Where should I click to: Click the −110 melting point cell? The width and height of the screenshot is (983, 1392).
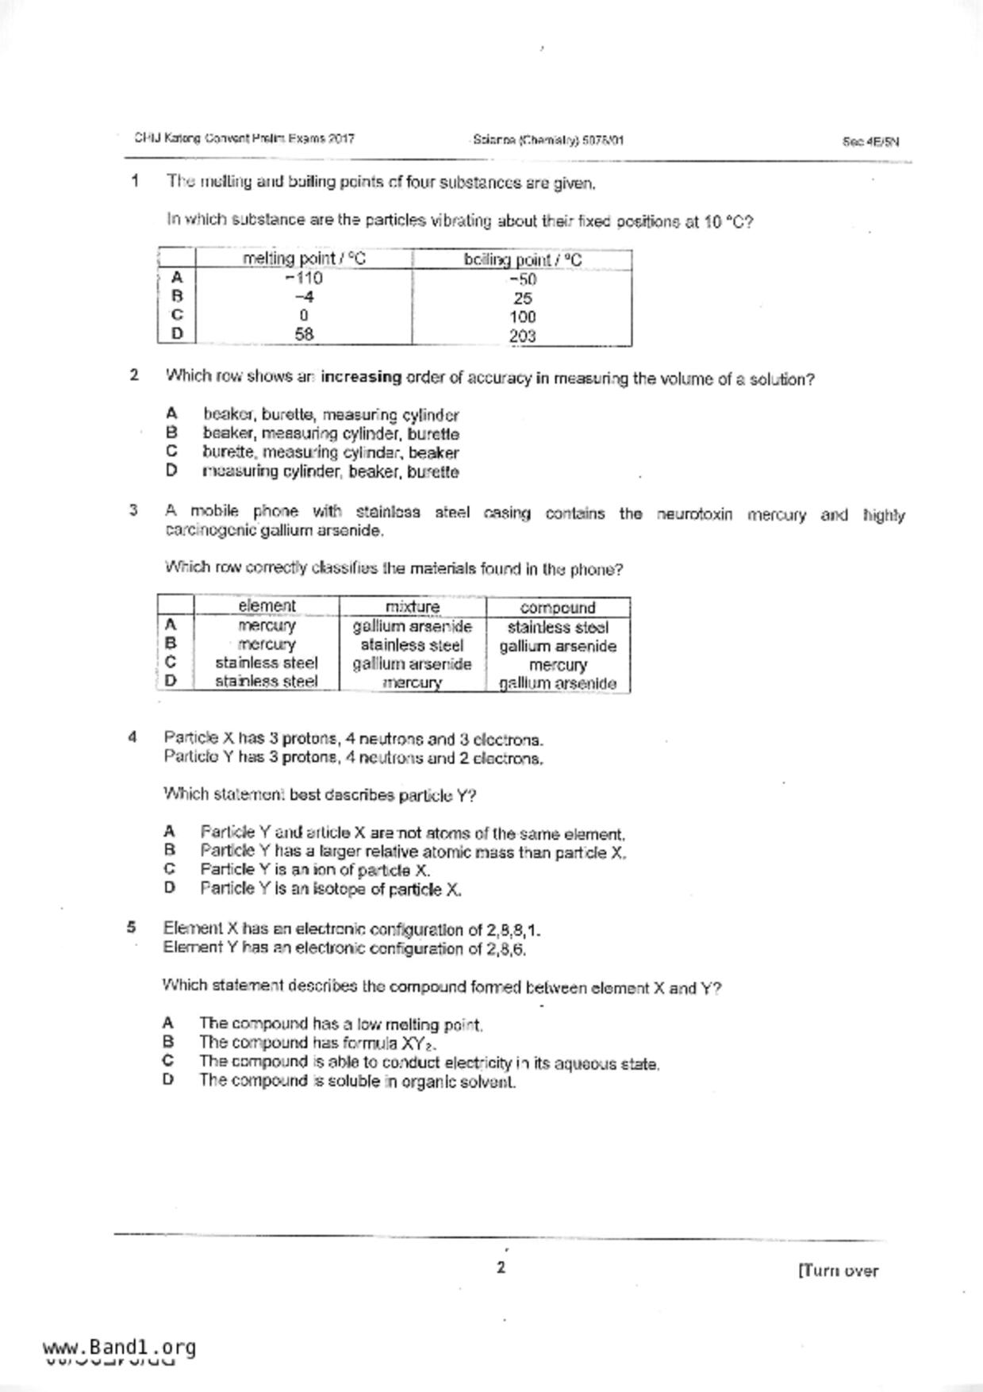(304, 279)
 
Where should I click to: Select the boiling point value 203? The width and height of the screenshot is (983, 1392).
(522, 336)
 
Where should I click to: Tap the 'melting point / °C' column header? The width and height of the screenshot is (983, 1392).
(304, 259)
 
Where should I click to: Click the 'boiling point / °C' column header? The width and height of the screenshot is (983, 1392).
(522, 260)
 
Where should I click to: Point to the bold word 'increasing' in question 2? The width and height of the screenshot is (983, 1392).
(361, 377)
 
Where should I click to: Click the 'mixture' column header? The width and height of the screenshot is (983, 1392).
(412, 607)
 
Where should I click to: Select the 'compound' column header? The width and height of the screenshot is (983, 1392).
(558, 608)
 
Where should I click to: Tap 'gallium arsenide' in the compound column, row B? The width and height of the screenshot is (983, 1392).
(558, 646)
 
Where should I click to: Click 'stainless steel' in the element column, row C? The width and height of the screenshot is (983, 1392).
(267, 663)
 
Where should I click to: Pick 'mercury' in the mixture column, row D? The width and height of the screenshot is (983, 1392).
(412, 683)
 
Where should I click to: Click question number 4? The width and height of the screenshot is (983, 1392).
(132, 737)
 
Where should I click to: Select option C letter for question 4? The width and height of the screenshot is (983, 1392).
(169, 869)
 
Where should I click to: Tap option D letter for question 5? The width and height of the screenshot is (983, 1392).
(167, 1079)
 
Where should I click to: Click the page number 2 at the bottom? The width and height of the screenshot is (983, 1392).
(501, 1267)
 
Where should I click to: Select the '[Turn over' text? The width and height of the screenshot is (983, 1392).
(838, 1271)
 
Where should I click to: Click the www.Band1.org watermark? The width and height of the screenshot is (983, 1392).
(119, 1348)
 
